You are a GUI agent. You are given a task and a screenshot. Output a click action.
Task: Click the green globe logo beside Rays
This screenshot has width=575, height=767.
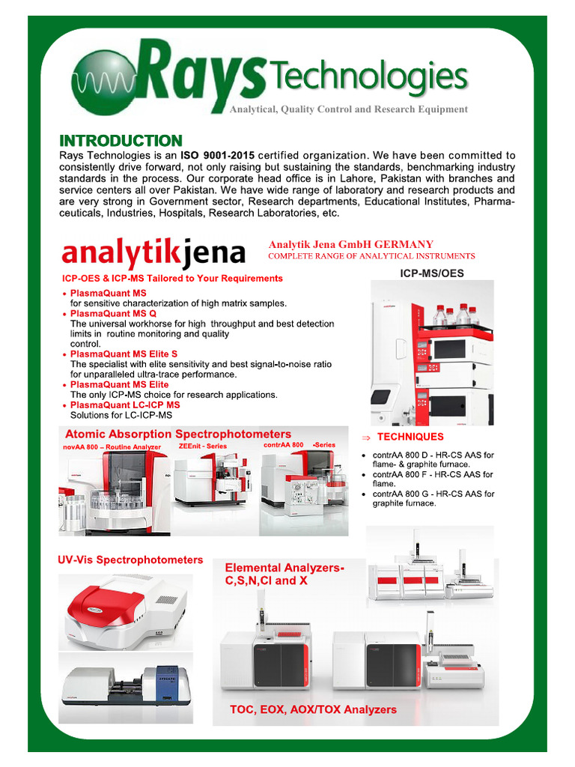coord(104,77)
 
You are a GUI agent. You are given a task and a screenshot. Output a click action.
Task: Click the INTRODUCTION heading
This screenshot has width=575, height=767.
coord(121,141)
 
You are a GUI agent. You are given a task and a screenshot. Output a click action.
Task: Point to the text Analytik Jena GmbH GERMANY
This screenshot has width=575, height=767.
coord(350,244)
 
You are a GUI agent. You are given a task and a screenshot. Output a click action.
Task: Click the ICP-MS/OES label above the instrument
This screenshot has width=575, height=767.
coord(433,273)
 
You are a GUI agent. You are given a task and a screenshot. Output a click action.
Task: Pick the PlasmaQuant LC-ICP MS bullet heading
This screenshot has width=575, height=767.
coord(125,404)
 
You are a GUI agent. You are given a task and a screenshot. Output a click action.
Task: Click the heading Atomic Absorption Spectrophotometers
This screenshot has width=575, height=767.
coord(178,434)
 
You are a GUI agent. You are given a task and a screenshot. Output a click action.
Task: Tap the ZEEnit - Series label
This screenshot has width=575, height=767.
coord(203,446)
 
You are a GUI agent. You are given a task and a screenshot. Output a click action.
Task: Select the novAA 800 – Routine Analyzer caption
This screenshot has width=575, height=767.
coord(112,446)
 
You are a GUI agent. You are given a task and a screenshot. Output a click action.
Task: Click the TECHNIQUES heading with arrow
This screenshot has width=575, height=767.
coord(410,437)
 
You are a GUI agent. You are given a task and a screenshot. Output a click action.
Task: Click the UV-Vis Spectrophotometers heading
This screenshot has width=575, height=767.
coord(130,560)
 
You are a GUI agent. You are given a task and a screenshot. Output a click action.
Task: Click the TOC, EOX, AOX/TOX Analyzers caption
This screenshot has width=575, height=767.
coord(313,709)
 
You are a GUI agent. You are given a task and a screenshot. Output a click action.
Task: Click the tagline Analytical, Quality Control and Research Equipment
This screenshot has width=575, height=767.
coord(348,109)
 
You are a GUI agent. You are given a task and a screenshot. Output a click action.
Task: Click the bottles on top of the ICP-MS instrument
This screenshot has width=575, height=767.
coord(452,315)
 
